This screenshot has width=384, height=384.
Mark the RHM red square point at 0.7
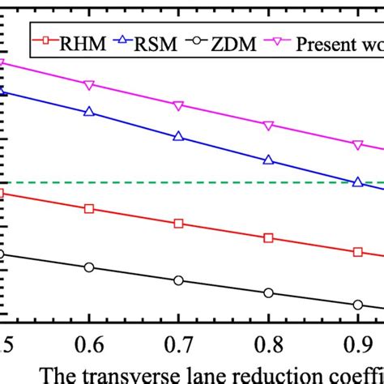pos(179,223)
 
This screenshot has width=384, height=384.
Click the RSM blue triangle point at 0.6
pos(89,112)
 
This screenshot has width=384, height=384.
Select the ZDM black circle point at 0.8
pos(268,293)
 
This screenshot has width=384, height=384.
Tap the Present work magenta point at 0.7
pos(179,105)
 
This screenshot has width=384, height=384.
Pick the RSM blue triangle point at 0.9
pos(357,182)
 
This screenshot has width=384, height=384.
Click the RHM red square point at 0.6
pos(89,208)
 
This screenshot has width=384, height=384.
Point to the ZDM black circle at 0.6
pos(89,267)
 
